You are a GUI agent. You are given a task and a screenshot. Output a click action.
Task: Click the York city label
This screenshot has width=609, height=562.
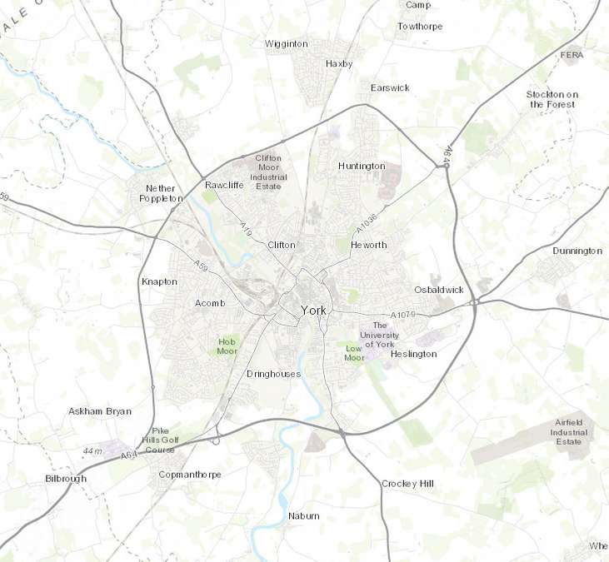tap(313, 310)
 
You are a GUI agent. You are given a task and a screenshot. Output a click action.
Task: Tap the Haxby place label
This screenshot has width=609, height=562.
tap(339, 63)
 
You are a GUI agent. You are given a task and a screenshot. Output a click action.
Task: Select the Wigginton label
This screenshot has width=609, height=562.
tap(286, 43)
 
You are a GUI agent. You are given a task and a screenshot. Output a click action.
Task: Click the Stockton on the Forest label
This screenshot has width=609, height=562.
tap(552, 99)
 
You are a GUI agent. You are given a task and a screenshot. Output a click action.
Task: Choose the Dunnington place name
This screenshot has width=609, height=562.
tap(577, 251)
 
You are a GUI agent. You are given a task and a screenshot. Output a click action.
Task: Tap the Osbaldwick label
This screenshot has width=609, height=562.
tap(437, 290)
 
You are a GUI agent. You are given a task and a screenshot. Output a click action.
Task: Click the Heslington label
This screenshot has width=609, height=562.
tap(413, 354)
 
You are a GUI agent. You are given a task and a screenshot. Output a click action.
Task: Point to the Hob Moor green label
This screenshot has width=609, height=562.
tap(227, 346)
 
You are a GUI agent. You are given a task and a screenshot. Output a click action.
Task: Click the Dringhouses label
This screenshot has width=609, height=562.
tap(273, 374)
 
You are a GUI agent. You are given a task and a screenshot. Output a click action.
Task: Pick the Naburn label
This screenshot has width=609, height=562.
tap(303, 516)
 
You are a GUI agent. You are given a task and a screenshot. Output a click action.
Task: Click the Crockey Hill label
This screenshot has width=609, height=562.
tap(407, 483)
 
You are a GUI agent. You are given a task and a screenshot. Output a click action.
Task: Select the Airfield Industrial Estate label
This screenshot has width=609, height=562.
tap(571, 432)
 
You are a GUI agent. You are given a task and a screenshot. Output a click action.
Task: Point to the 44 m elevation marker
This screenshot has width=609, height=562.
tap(92, 450)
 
